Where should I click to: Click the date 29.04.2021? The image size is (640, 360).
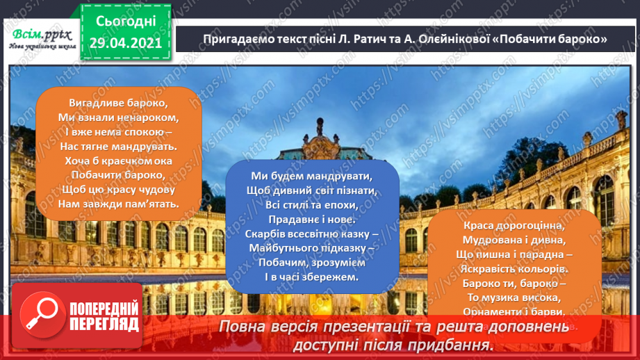point(125,43)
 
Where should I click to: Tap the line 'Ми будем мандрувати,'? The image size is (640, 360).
point(311,175)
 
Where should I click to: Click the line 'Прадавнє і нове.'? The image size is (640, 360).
point(311,219)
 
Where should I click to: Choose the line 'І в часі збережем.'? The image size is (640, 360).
point(311,277)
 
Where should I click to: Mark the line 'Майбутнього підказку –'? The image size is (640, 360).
point(311,248)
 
